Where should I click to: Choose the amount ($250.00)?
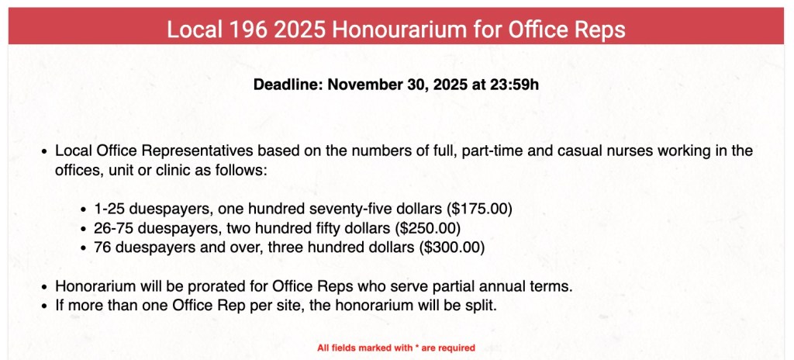(428, 229)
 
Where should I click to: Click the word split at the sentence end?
(479, 306)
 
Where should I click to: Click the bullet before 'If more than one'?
(45, 306)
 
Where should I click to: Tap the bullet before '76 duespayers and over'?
(85, 248)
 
